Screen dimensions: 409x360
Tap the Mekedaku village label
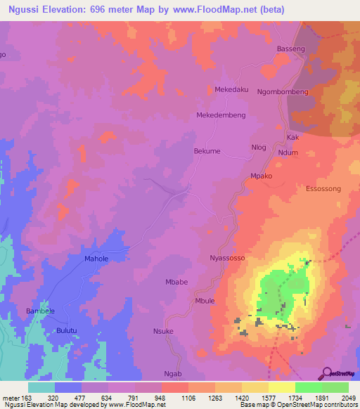click(x=231, y=90)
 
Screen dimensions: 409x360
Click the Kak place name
click(x=293, y=137)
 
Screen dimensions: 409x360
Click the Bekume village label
click(x=207, y=151)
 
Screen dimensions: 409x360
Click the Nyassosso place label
click(x=227, y=259)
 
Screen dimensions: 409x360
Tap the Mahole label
click(x=96, y=259)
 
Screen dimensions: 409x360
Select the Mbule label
click(x=204, y=301)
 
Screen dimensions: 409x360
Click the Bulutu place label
click(x=67, y=330)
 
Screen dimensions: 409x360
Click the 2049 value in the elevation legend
click(x=349, y=397)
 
